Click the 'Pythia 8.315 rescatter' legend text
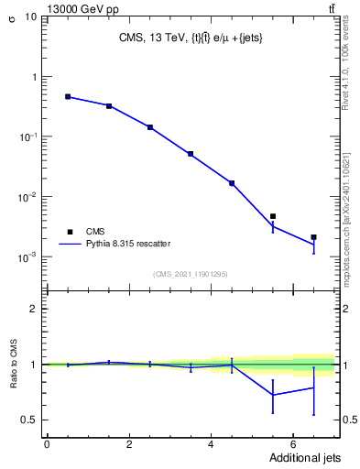[127, 244]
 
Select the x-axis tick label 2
[129, 444]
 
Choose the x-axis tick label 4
[211, 444]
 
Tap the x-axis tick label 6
[292, 444]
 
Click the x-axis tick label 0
[47, 444]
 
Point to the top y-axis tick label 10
[29, 17]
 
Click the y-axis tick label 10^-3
[27, 257]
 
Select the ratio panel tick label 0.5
[30, 420]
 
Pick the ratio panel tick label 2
[34, 309]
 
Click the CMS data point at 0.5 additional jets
[68, 96]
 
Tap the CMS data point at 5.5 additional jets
[273, 216]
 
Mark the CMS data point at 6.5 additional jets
[313, 237]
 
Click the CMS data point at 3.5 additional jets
[191, 154]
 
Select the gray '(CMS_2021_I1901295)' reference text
[191, 274]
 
